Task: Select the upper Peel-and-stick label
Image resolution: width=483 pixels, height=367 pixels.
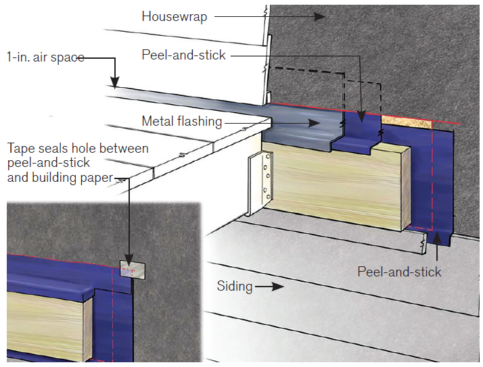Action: tap(182, 55)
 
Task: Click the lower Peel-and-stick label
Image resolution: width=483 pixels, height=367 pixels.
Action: tap(399, 272)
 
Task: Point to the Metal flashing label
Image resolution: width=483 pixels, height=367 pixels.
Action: tap(181, 122)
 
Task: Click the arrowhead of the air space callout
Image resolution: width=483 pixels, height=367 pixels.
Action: tap(115, 83)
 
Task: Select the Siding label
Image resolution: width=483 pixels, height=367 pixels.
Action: tap(234, 287)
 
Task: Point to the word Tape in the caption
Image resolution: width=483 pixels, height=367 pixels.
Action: tap(20, 148)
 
